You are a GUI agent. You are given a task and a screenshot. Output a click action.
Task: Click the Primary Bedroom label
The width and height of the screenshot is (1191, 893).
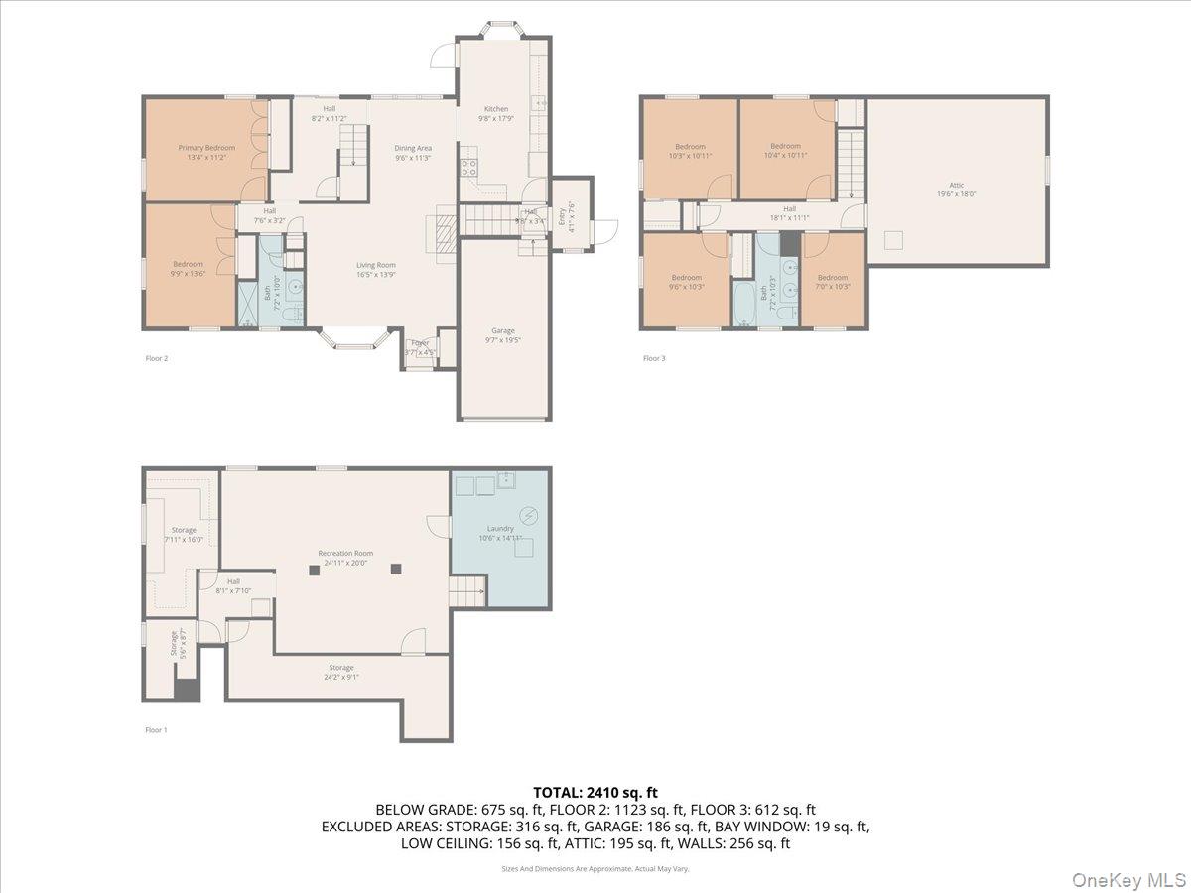(x=206, y=152)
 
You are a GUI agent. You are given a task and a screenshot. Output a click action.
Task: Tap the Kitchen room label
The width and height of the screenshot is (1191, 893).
(x=496, y=114)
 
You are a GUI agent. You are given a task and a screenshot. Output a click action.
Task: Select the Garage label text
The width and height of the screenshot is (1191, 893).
(x=503, y=334)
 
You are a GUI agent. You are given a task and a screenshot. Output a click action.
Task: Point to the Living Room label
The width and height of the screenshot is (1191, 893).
(x=376, y=269)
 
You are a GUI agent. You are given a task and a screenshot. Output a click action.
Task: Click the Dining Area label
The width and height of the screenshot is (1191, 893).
(x=413, y=152)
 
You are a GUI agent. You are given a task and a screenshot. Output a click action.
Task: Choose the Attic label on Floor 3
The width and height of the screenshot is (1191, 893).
(x=957, y=189)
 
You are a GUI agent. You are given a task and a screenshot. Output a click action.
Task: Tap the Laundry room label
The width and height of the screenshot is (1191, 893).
(x=500, y=533)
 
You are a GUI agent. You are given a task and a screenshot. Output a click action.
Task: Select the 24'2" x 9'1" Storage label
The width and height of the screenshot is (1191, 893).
(x=341, y=672)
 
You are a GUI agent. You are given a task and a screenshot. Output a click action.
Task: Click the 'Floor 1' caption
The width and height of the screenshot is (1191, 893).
(x=156, y=729)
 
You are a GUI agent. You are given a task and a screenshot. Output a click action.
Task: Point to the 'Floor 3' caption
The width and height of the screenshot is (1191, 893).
(x=653, y=358)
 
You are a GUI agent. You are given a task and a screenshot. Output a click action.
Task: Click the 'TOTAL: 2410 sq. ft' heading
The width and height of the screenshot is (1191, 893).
(x=595, y=792)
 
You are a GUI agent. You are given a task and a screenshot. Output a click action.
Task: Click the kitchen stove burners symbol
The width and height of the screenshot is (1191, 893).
(x=468, y=167)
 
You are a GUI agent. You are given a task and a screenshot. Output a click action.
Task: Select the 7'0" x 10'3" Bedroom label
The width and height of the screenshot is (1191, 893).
(x=833, y=282)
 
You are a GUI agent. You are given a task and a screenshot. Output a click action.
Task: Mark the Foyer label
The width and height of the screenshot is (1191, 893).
(x=420, y=347)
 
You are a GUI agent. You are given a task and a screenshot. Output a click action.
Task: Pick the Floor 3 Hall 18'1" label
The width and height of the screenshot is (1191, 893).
(x=789, y=212)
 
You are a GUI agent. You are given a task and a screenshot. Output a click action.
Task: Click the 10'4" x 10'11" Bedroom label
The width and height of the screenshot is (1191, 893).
(x=785, y=150)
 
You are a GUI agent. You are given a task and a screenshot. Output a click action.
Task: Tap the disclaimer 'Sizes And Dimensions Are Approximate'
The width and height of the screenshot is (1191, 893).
(x=595, y=868)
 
